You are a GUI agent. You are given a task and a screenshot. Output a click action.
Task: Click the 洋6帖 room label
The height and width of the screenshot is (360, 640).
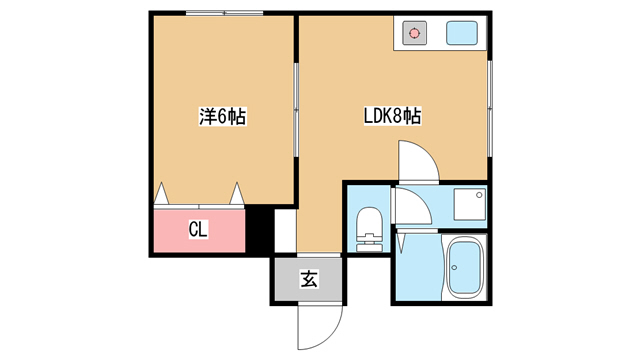point(222,117)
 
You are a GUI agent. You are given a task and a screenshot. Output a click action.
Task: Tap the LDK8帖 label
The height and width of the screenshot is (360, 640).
point(392,116)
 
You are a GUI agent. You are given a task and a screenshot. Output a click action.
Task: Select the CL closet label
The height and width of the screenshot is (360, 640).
point(198,229)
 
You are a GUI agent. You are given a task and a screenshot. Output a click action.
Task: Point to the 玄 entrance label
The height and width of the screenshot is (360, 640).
point(309,279)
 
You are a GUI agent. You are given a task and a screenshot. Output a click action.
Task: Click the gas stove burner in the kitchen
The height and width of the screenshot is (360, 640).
point(414,33)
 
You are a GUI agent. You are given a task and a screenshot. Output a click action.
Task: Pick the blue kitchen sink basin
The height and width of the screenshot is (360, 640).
point(462,33)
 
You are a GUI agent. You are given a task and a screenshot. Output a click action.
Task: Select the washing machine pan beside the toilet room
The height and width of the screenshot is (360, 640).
point(470,204)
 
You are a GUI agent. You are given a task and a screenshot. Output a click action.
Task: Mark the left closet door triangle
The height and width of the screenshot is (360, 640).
point(162,193)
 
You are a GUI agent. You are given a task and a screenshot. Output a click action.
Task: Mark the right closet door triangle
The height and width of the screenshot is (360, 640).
point(237,193)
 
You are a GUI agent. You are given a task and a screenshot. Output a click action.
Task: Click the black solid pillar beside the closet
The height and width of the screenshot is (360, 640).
point(259,231)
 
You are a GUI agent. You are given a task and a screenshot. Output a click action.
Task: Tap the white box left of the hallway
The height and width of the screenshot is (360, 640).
point(285,231)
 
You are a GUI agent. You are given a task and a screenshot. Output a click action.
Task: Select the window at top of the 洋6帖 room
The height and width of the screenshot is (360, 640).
point(224,13)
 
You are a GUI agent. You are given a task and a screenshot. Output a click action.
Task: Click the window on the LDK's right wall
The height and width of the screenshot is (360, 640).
point(490,109)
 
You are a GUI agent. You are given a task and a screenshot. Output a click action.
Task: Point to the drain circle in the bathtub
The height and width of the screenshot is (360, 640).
point(454,268)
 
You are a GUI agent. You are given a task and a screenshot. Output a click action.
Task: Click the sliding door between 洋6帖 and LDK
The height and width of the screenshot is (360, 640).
point(296,109)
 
